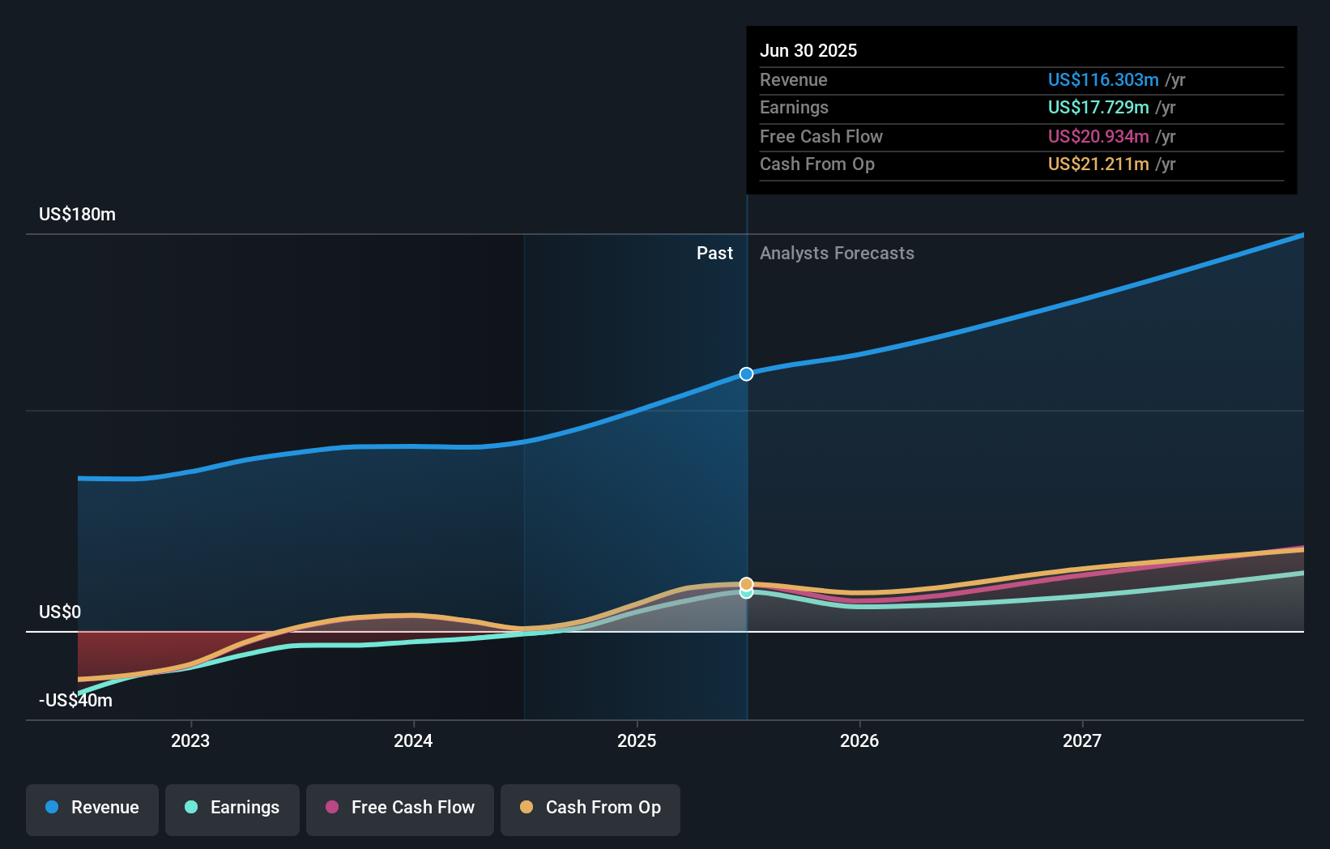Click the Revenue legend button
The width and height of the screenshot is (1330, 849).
tap(92, 808)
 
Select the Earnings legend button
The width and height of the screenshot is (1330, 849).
tap(232, 808)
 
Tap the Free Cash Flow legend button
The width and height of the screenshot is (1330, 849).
tap(400, 808)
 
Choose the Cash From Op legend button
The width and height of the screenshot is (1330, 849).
tap(590, 808)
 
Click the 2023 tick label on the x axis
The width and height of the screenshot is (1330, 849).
tap(190, 740)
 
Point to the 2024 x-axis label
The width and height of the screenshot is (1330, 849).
tap(413, 740)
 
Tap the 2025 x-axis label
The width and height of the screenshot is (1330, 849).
tap(637, 740)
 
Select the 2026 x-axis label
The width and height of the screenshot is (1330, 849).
tap(859, 740)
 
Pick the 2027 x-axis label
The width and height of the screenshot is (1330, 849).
tap(1082, 740)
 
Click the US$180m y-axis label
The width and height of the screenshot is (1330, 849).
tap(77, 215)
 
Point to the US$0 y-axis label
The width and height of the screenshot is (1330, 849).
tap(60, 612)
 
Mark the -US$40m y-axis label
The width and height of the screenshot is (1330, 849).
tap(75, 701)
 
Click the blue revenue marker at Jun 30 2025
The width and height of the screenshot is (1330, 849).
tap(746, 373)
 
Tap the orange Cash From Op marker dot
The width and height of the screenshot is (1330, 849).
tap(746, 584)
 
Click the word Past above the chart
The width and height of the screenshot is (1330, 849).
tap(714, 254)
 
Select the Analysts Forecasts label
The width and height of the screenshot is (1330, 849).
tap(837, 254)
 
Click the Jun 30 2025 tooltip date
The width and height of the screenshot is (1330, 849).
tap(808, 51)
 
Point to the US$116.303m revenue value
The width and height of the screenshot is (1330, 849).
tap(1103, 80)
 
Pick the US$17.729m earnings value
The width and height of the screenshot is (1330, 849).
tap(1098, 108)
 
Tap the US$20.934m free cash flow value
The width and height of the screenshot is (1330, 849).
tap(1098, 137)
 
